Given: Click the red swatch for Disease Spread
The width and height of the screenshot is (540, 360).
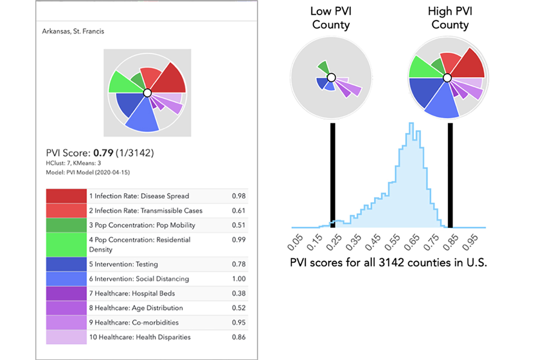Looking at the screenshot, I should click(66, 196).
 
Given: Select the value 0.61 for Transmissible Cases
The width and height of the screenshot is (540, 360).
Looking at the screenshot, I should click(238, 211).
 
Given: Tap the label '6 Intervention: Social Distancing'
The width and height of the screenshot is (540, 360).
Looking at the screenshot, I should click(139, 279).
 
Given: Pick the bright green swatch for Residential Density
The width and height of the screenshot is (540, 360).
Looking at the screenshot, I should click(66, 244).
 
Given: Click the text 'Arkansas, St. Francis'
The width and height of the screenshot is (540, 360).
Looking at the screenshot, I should click(73, 31).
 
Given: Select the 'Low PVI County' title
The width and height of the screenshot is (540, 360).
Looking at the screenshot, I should click(331, 18).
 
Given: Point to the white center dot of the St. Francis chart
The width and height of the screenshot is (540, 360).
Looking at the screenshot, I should click(147, 93).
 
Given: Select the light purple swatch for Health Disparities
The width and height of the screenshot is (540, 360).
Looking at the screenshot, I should click(66, 337).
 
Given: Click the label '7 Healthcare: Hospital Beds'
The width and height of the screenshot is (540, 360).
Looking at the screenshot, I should click(132, 293).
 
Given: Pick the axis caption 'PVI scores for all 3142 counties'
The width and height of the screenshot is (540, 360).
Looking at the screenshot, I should click(388, 263).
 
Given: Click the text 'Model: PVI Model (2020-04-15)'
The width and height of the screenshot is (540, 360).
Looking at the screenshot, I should click(88, 173).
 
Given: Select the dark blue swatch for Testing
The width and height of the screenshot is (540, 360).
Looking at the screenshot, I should click(66, 264).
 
